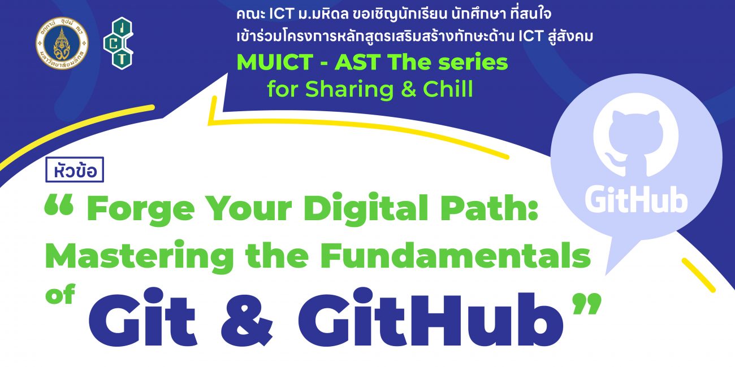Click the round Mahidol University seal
click(62, 43)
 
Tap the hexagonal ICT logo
click(119, 43)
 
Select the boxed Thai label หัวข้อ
click(75, 170)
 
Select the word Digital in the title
click(366, 208)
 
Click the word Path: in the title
click(489, 207)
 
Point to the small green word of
click(60, 294)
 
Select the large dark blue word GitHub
click(430, 317)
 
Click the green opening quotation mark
click(59, 204)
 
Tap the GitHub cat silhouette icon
click(636, 137)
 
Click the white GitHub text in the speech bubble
click(636, 199)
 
